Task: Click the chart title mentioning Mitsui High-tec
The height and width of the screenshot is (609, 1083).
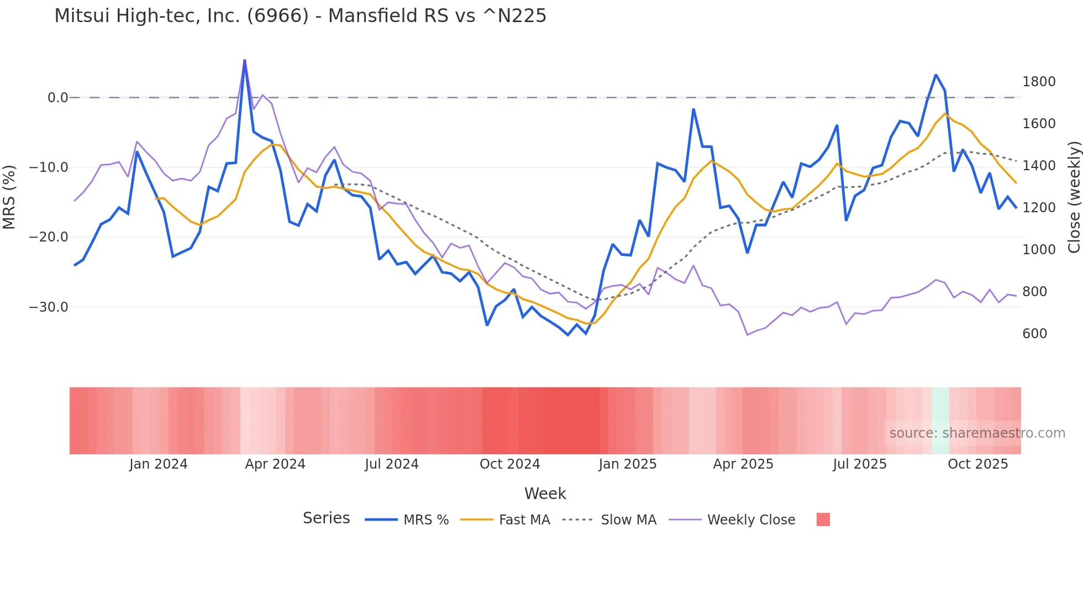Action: (300, 16)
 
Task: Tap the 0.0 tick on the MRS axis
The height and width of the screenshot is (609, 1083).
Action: (57, 98)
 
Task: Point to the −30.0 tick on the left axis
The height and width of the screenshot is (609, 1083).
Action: (49, 307)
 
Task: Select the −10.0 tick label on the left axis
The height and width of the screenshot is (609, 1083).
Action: (49, 167)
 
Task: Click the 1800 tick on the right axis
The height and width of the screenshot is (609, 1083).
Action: (1039, 82)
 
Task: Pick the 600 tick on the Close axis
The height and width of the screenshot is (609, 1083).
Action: (1034, 334)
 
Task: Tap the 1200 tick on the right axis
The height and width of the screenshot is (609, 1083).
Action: (1039, 208)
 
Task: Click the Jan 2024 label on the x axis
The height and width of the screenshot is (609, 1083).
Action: (159, 464)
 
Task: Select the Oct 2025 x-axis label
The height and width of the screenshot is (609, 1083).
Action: (977, 464)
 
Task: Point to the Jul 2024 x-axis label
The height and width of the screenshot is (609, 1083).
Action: (391, 464)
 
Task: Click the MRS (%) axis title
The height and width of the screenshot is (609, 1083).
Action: (9, 197)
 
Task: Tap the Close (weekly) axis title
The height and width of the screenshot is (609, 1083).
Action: (1074, 197)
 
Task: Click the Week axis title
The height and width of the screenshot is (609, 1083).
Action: (545, 494)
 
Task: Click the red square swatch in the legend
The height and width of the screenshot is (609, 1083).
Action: (823, 519)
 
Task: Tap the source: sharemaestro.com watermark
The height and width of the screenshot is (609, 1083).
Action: (977, 433)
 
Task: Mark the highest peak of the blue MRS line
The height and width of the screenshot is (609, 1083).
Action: (245, 60)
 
